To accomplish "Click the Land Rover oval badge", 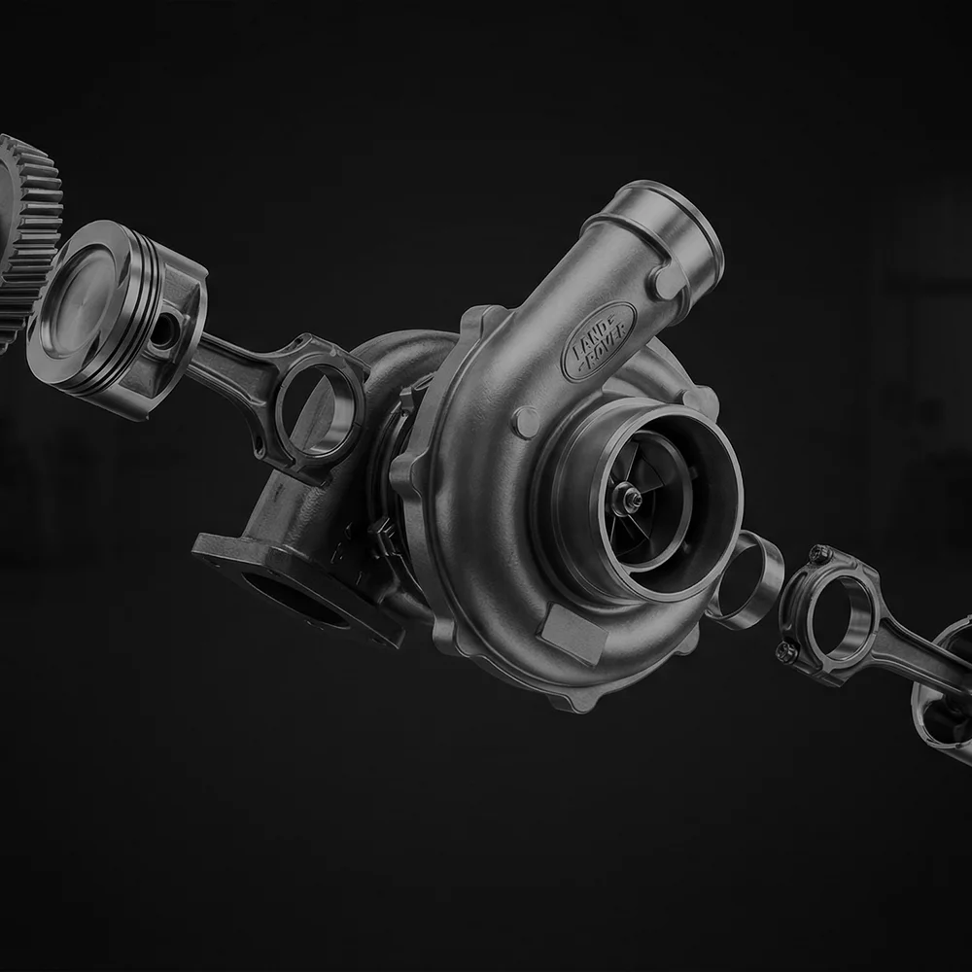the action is tap(599, 341).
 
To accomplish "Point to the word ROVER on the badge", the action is tap(607, 350).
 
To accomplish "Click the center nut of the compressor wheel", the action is tap(633, 497).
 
